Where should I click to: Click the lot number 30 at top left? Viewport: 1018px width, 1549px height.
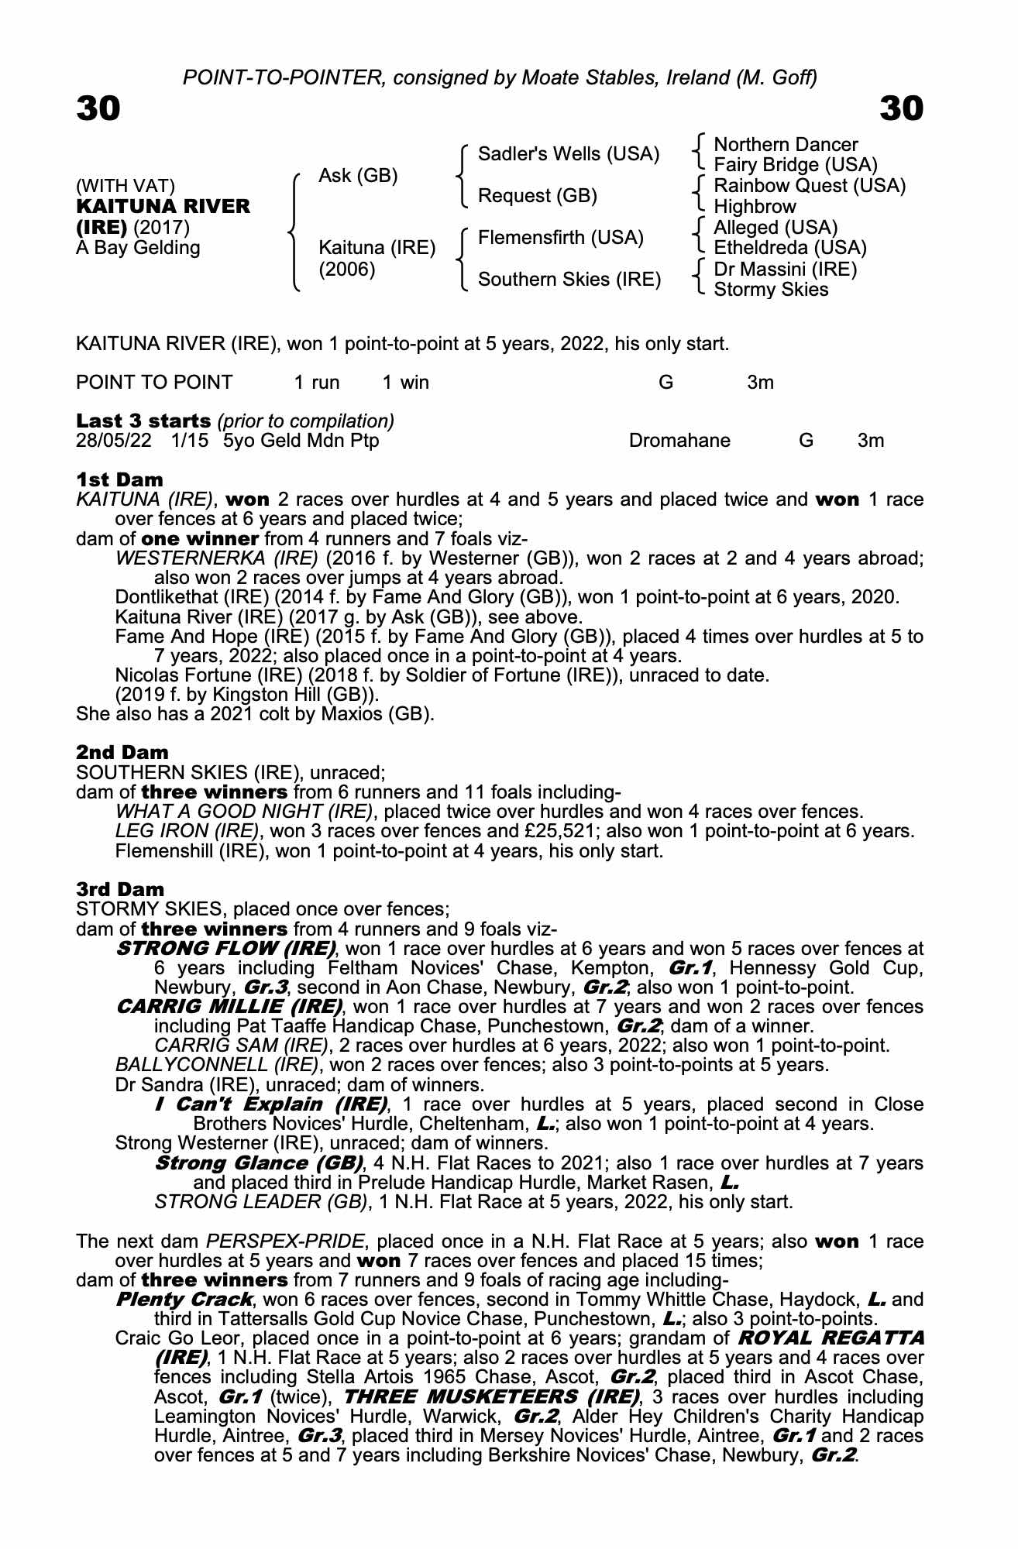pos(98,108)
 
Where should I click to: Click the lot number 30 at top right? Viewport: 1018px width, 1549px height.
pos(902,108)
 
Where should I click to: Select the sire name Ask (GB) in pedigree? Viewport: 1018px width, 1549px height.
pos(358,176)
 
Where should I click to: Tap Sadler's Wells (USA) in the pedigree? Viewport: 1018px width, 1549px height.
pos(569,154)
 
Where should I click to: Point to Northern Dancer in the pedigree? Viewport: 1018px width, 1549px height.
pos(786,145)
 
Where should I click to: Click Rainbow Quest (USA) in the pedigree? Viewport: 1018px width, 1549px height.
pos(810,186)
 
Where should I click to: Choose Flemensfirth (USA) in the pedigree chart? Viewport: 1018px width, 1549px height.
pos(561,237)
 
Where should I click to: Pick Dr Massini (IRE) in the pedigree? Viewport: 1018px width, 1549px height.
pos(786,269)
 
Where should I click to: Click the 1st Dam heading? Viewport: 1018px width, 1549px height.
pos(120,479)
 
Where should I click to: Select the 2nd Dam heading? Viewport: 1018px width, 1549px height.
pos(122,752)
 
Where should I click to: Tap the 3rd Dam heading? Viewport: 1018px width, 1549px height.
pos(121,889)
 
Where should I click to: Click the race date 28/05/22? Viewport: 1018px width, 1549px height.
pos(112,441)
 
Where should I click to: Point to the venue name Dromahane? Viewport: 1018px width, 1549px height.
pos(679,441)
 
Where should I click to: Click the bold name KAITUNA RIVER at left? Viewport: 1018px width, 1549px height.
pos(163,207)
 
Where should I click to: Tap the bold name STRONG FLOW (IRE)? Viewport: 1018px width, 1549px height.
pos(225,949)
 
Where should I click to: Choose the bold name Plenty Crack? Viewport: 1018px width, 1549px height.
pos(184,1300)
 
